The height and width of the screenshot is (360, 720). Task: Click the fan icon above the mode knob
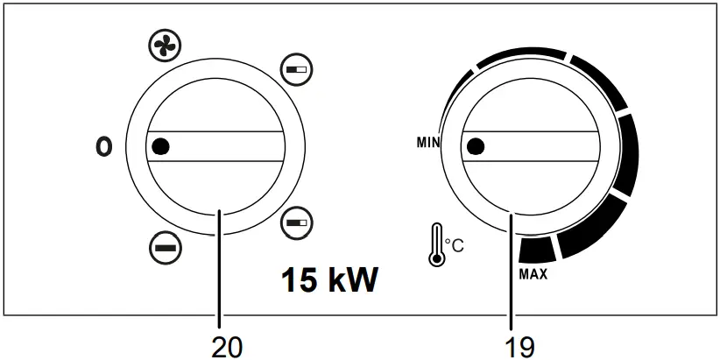click(x=165, y=46)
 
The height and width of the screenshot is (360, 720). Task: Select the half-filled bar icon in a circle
click(x=296, y=70)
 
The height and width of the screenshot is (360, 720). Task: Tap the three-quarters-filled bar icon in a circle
click(x=296, y=222)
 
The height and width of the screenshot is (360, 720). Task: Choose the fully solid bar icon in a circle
click(x=166, y=248)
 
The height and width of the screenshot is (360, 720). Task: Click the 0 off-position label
click(x=103, y=147)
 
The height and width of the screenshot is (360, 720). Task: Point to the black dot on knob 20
click(x=160, y=146)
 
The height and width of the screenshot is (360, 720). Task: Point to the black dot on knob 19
click(x=476, y=146)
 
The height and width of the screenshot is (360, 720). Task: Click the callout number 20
click(x=227, y=348)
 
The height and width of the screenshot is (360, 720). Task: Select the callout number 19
click(x=519, y=348)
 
